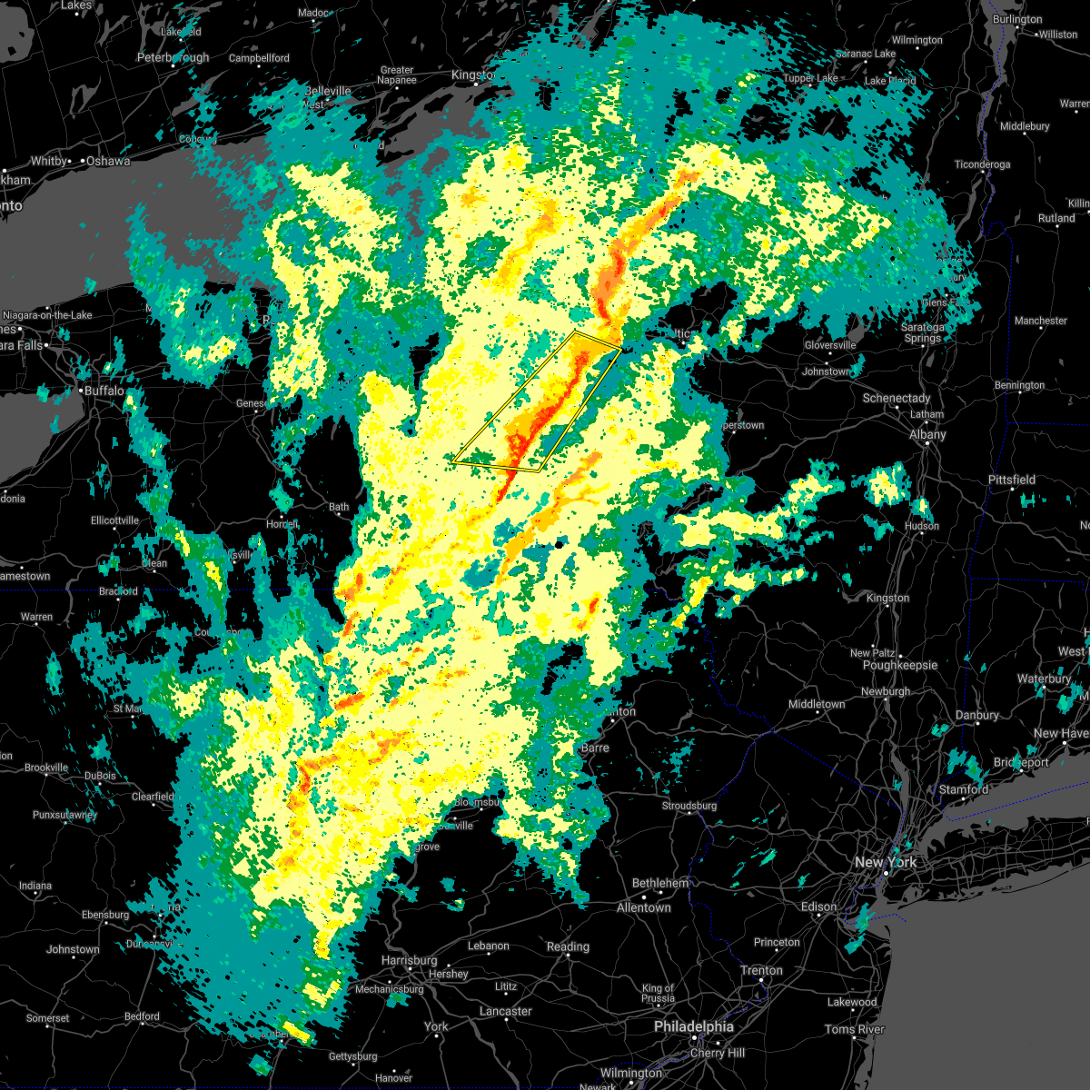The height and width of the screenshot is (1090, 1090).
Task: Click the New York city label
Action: [885, 862]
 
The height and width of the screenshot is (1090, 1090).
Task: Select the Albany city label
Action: [927, 435]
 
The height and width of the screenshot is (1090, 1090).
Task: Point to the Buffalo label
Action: [103, 391]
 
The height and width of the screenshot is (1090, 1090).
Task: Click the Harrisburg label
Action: [409, 960]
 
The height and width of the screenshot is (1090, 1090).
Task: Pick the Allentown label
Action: [643, 907]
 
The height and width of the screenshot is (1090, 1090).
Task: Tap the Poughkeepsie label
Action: [899, 665]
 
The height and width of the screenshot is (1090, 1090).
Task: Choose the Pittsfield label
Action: [1012, 480]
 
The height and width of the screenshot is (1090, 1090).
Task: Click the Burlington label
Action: [1017, 19]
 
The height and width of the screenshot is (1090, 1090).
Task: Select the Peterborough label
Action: [173, 57]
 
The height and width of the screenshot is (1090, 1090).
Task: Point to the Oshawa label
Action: [108, 161]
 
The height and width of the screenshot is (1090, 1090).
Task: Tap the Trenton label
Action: [761, 970]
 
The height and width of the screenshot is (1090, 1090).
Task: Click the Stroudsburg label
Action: [689, 806]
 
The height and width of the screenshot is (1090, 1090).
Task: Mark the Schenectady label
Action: [897, 398]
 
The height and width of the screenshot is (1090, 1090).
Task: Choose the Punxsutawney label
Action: [64, 815]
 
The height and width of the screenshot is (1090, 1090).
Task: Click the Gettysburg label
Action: [352, 1056]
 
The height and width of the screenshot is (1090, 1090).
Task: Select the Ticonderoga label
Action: [982, 164]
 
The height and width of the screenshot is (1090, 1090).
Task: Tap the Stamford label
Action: [964, 789]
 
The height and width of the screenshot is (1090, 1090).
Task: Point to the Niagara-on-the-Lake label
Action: [47, 315]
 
